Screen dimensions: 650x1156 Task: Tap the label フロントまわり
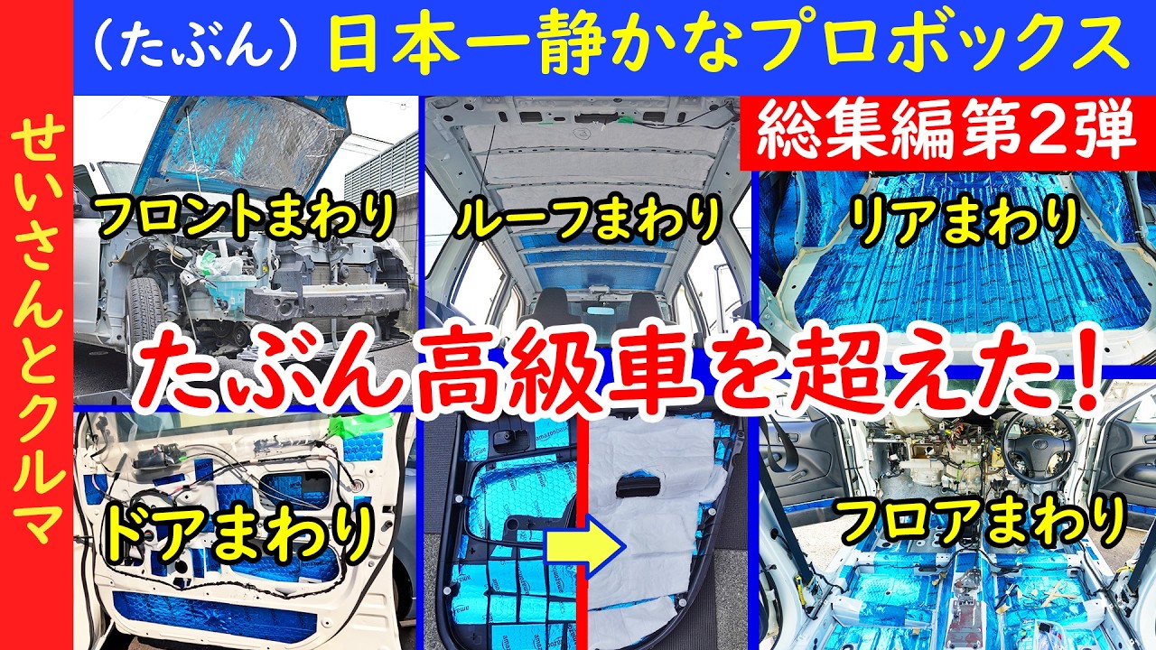pyautogui.click(x=247, y=217)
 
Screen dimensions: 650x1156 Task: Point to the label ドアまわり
pyautogui.click(x=239, y=533)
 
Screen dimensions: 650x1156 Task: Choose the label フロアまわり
pyautogui.click(x=982, y=521)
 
